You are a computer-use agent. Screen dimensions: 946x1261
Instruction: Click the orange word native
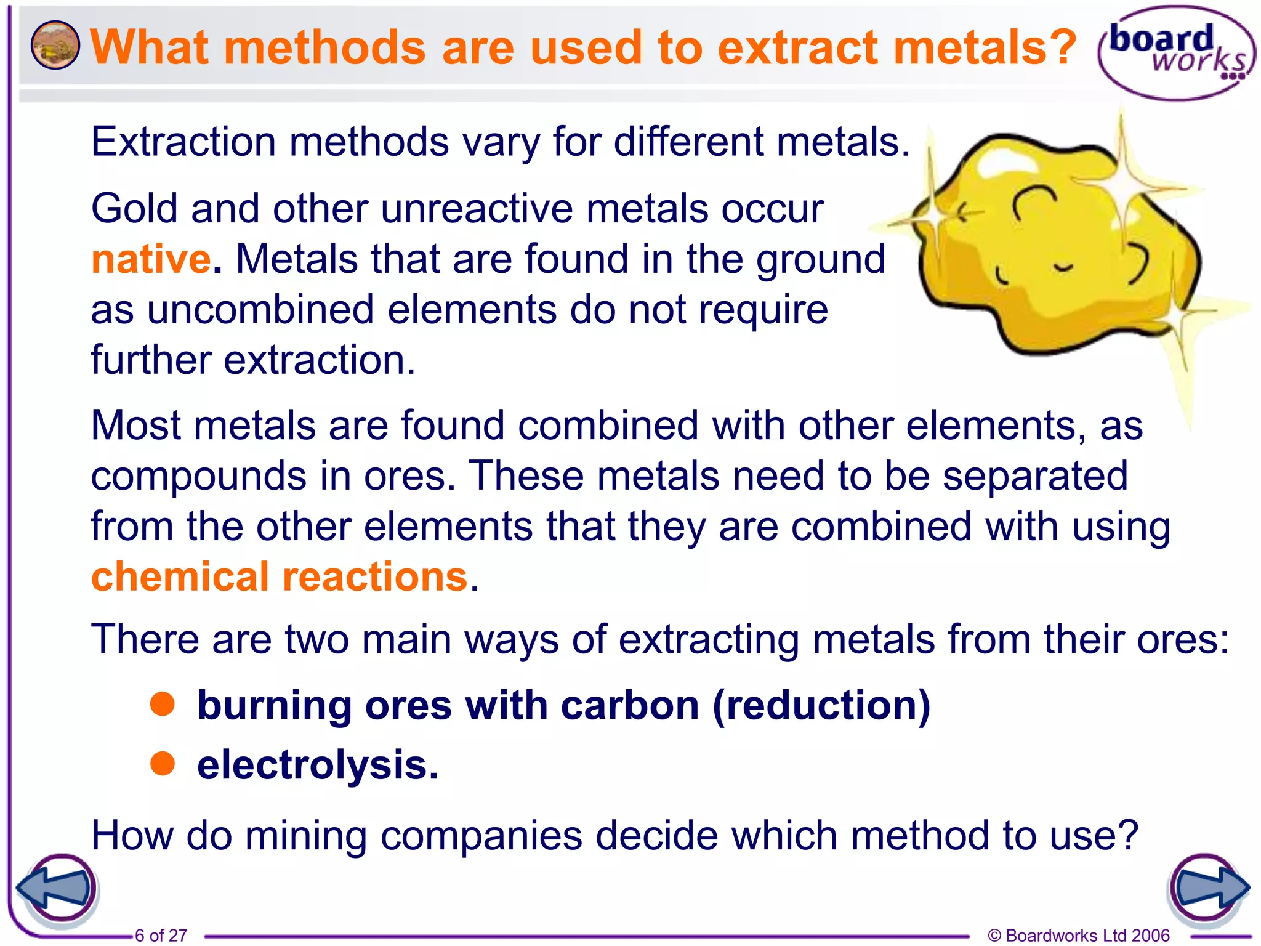click(x=151, y=259)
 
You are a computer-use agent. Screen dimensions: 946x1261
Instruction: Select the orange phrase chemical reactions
click(x=280, y=577)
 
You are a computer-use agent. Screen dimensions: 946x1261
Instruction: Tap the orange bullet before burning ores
click(x=163, y=703)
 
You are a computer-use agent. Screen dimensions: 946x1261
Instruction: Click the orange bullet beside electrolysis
click(x=163, y=764)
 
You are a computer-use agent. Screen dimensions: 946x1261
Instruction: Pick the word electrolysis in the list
click(x=317, y=765)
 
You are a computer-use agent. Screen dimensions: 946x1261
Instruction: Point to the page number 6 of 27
click(x=161, y=935)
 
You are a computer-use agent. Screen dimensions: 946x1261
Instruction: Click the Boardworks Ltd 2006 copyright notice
click(x=1078, y=935)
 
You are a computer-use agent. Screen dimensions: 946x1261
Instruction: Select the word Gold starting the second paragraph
click(x=135, y=208)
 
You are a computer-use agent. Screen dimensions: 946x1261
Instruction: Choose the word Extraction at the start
click(x=183, y=142)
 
